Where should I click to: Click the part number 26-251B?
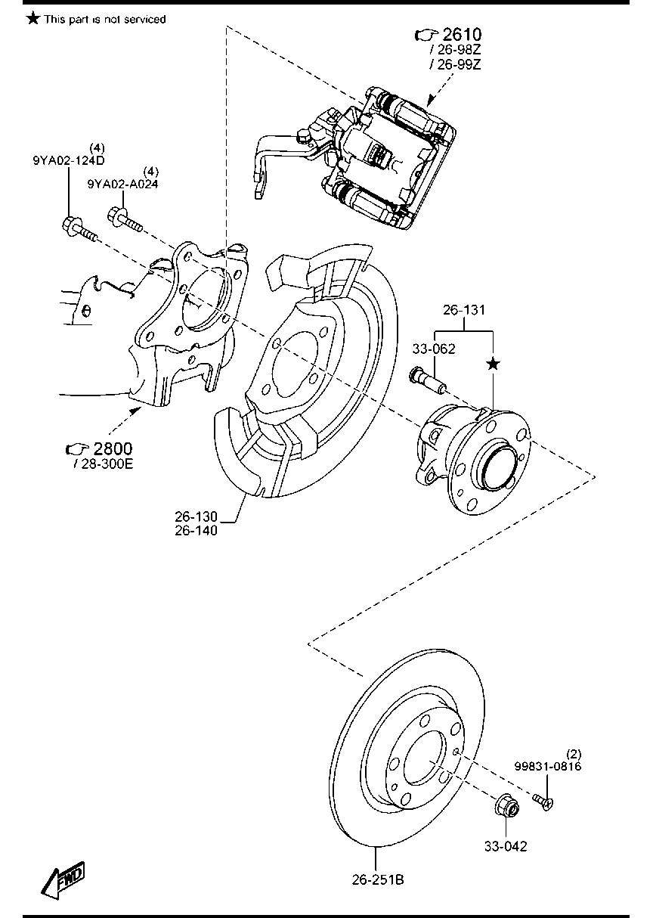[x=378, y=880]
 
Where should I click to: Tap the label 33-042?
[x=506, y=846]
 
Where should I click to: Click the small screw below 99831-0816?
[x=542, y=800]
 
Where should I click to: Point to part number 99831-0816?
[x=548, y=766]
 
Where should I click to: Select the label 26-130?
[x=196, y=516]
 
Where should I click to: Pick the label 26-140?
[x=196, y=531]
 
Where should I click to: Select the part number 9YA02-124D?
[x=68, y=160]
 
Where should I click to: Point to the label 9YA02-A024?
[x=123, y=184]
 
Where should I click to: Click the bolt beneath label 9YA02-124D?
[x=78, y=228]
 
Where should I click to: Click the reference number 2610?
[x=462, y=34]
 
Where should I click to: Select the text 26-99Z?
[x=458, y=65]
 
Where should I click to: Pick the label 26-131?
[x=463, y=310]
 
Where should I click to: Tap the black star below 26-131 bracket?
[x=493, y=364]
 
